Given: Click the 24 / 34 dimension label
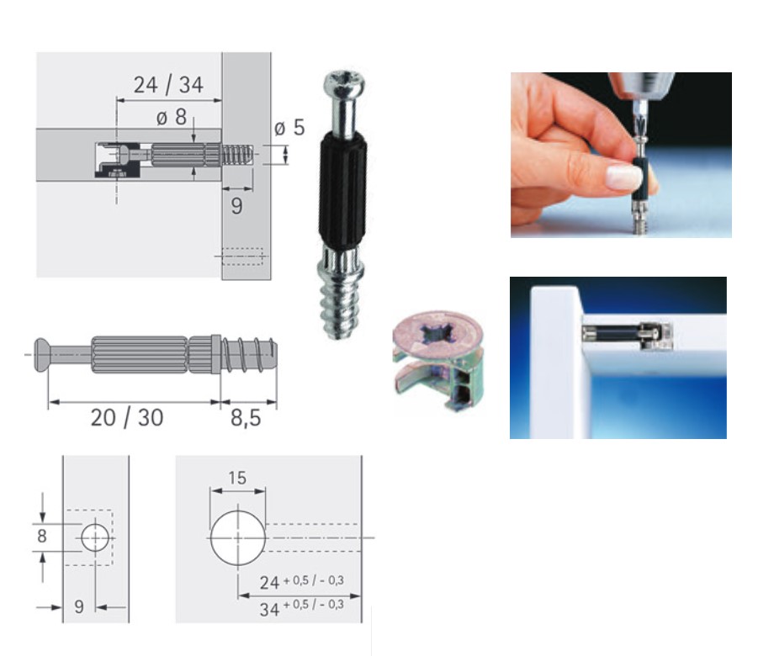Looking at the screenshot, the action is point(168,85).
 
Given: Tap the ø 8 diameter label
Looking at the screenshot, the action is point(172,117).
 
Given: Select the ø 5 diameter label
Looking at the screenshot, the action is point(289,127).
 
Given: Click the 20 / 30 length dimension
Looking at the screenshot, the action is point(127,418).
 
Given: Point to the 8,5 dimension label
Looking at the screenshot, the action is point(246,418).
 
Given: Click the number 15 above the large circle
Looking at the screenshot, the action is point(237,478).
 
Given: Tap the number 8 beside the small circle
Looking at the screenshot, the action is point(42,536).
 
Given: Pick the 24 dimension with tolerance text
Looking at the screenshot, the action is point(301,583).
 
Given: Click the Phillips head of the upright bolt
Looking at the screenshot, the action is point(345,84).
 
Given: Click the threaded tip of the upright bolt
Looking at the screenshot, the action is point(340,311).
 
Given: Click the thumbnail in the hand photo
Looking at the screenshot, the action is point(623,177).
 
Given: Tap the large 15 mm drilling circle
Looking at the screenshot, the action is point(238,538).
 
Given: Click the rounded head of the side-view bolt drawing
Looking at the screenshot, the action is point(41,354).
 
